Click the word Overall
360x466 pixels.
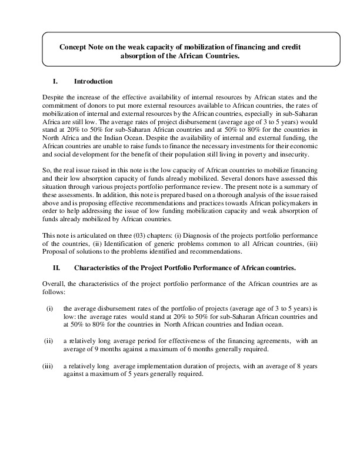[55, 284]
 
